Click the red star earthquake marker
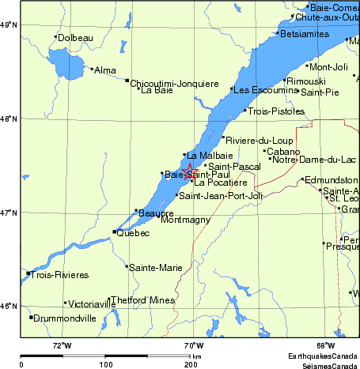[x=190, y=171]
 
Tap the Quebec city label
[x=133, y=233]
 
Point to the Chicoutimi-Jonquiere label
[x=174, y=82]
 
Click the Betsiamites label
[x=303, y=34]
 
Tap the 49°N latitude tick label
[x=9, y=26]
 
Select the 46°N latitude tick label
[x=9, y=307]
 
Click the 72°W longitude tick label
[x=62, y=345]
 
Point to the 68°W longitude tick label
[x=325, y=345]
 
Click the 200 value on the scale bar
[x=191, y=365]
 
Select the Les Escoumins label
[x=264, y=89]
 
